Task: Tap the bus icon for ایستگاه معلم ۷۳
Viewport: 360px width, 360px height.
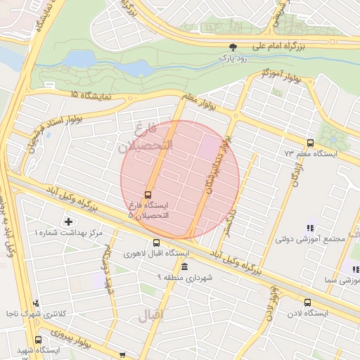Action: (x=311, y=143)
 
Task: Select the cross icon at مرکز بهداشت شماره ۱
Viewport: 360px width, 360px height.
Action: (x=67, y=222)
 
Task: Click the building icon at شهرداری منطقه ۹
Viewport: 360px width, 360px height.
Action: (x=184, y=268)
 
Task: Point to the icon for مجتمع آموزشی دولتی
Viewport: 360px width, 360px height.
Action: (x=310, y=227)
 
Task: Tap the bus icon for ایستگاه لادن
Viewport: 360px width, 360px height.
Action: (x=306, y=303)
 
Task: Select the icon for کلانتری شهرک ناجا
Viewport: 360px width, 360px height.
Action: (x=35, y=303)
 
